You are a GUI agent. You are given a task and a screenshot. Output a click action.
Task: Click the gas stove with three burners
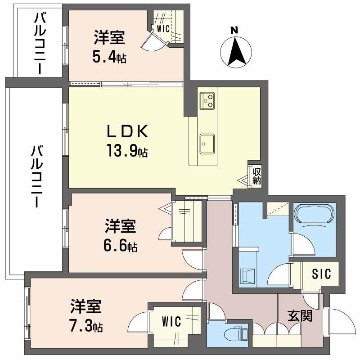[x=207, y=100]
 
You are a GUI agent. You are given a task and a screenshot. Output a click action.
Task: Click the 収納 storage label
[x=256, y=176]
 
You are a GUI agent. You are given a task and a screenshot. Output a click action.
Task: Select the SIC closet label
[x=322, y=274]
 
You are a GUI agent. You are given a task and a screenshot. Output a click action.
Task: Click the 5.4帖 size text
[x=109, y=57]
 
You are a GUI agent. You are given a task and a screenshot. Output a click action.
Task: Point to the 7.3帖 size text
[x=86, y=325]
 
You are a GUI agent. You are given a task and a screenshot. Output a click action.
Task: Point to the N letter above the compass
[x=234, y=31]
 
